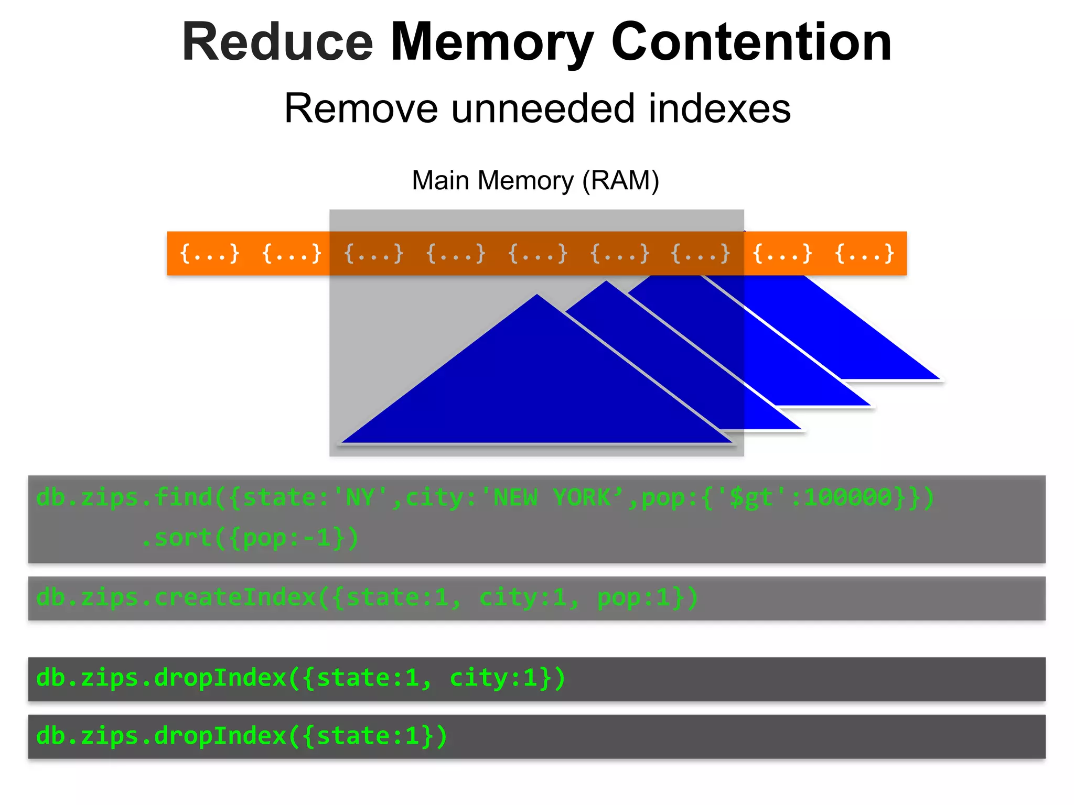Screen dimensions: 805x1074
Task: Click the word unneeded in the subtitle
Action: (x=543, y=108)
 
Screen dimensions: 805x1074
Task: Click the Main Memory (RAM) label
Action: (x=535, y=181)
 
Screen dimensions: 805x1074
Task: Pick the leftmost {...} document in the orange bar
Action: (x=209, y=254)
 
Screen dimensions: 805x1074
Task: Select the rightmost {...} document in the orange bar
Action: (x=864, y=254)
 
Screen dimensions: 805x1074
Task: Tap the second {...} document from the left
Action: (x=292, y=254)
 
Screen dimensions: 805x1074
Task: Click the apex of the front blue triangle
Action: (x=537, y=297)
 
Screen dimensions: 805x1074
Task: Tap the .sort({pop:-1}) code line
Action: (x=250, y=538)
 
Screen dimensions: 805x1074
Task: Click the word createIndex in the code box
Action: (x=235, y=598)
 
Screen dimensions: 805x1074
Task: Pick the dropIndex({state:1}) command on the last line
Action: (x=241, y=736)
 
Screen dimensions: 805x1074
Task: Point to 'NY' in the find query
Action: (x=360, y=497)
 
